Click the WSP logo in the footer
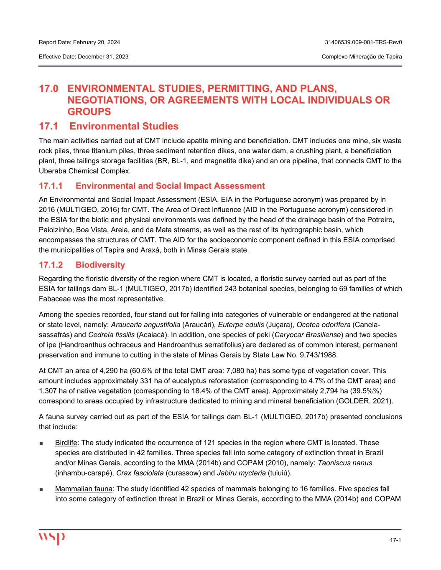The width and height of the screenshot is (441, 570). tap(52, 538)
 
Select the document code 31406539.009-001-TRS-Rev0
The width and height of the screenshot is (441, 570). tap(363, 42)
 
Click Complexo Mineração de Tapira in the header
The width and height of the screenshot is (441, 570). tap(362, 56)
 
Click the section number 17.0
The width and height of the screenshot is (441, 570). tap(49, 89)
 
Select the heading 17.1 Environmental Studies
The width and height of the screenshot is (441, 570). tap(109, 126)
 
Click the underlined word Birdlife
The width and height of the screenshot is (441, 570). tap(66, 443)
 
